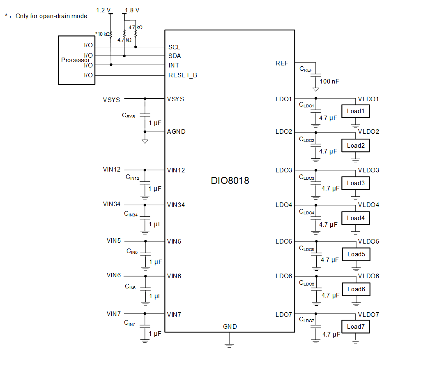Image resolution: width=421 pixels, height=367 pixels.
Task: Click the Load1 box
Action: [x=355, y=111]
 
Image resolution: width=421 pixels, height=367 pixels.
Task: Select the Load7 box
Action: [x=355, y=327]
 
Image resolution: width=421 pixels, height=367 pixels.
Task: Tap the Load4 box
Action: [x=356, y=218]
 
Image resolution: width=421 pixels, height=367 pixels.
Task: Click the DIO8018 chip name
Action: [x=230, y=180]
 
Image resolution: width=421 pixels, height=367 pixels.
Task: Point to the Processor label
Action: [x=76, y=60]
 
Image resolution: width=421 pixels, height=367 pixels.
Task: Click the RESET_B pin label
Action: [x=182, y=75]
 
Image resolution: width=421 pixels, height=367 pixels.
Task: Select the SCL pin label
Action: [x=174, y=47]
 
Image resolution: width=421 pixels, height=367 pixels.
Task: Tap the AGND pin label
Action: [x=176, y=132]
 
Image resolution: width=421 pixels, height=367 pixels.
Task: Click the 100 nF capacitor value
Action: [x=329, y=81]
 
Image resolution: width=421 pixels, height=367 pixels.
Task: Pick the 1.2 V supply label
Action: [x=103, y=10]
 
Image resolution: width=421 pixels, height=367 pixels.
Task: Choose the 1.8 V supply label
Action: [x=132, y=10]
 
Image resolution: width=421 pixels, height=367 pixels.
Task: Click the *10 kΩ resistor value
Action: [x=102, y=34]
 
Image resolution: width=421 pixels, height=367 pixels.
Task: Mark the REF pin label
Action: [x=282, y=63]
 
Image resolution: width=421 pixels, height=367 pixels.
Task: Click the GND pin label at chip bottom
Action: [x=230, y=327]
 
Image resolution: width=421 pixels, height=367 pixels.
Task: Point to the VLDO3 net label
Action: [x=368, y=170]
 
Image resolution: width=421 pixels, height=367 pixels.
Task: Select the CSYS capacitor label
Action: [x=128, y=116]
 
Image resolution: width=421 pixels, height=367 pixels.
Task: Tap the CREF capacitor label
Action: [x=306, y=69]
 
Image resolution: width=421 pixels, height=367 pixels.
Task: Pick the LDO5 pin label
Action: [x=283, y=242]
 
